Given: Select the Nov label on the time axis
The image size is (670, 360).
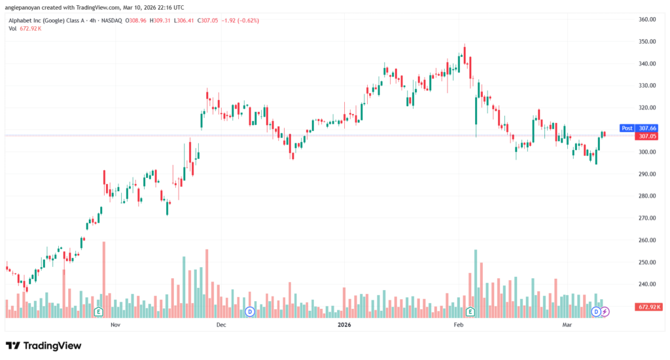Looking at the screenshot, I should pyautogui.click(x=115, y=325).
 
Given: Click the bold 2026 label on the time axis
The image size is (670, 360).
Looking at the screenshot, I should pyautogui.click(x=344, y=325).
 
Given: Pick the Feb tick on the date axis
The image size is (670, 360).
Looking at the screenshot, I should pyautogui.click(x=459, y=325).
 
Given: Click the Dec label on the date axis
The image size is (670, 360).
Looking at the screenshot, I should pyautogui.click(x=221, y=325).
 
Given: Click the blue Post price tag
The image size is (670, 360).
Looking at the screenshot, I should pyautogui.click(x=627, y=128).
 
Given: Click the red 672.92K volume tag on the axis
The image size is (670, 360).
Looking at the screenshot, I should pyautogui.click(x=648, y=306).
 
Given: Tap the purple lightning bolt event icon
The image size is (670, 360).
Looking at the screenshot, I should pyautogui.click(x=605, y=312).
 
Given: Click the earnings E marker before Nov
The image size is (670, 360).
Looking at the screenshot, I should pyautogui.click(x=99, y=312).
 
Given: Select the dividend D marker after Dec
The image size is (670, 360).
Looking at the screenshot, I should pyautogui.click(x=249, y=312).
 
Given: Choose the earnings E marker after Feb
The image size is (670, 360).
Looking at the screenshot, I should pyautogui.click(x=470, y=312).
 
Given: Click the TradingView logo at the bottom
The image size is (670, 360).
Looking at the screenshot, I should pyautogui.click(x=43, y=346).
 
